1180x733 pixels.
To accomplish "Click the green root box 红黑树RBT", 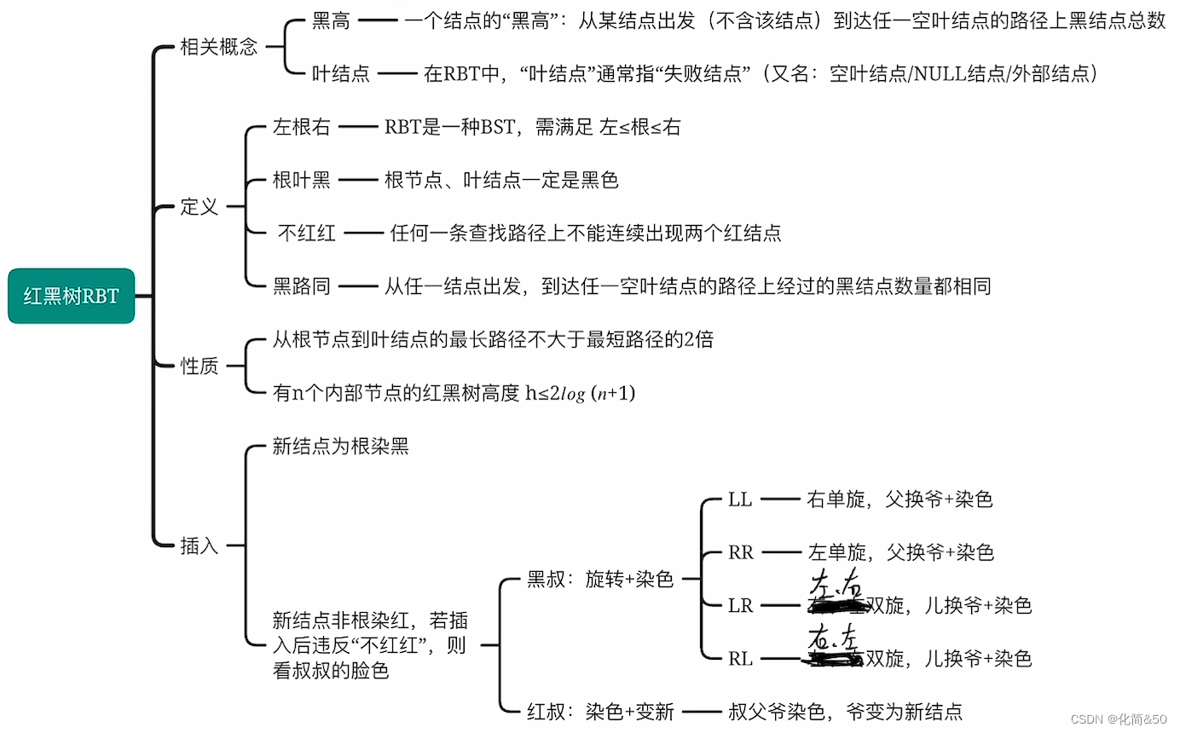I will tap(72, 297).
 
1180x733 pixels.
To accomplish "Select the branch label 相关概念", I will tap(218, 47).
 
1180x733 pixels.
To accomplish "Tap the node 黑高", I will tap(331, 21).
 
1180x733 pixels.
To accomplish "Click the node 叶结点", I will tap(341, 74).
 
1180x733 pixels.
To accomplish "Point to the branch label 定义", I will tap(200, 207).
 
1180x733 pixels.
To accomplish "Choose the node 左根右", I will tap(301, 128).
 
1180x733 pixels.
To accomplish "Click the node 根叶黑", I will tap(301, 180).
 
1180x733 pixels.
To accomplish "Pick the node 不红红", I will tap(307, 233).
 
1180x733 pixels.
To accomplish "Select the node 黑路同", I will tap(301, 286).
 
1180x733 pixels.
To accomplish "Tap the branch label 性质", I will tap(200, 366).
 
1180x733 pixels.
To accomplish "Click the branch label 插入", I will tap(200, 545).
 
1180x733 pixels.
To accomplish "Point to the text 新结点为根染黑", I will tap(340, 447).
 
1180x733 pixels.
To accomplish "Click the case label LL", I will tap(740, 499).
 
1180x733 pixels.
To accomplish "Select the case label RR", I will tap(741, 552).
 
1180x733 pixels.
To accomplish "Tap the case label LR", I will tap(741, 606).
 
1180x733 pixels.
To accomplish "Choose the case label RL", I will tap(741, 659).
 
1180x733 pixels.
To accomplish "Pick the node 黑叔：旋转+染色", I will tap(600, 580).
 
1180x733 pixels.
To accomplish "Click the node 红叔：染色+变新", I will tap(600, 711).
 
